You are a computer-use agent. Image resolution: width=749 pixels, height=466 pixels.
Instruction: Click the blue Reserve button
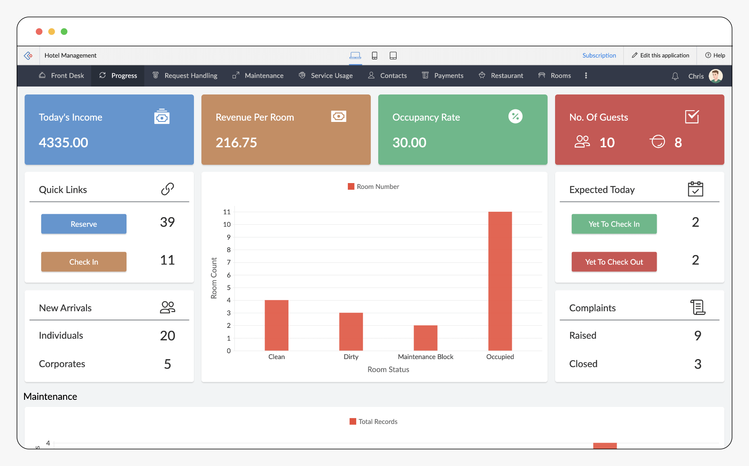coord(84,224)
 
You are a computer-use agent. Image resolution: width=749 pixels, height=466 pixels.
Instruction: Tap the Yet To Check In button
coord(614,224)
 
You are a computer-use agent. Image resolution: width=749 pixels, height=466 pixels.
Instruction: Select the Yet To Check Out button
coord(614,262)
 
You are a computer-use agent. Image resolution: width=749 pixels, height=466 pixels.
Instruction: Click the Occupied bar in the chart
coord(500,281)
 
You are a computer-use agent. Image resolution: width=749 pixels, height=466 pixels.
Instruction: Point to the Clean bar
coord(276,325)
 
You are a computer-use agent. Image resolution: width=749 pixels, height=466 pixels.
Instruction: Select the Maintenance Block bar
coord(425,337)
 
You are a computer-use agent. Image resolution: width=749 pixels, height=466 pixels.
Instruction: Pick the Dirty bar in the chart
coord(351,331)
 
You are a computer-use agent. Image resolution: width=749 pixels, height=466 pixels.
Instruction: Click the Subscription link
coord(599,55)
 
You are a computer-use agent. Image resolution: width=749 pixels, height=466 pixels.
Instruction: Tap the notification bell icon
coord(675,76)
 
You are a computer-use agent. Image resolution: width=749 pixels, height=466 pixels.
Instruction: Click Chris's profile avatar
coord(716,76)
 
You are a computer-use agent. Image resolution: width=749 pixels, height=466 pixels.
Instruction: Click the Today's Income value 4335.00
coord(63,143)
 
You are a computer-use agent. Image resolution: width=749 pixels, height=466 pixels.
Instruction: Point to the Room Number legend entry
coord(373,187)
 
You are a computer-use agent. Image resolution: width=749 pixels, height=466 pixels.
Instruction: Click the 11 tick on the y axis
coord(226,212)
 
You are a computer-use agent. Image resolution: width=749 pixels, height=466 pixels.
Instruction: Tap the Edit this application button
coord(660,55)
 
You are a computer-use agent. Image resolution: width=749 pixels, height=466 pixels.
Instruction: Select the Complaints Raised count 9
coord(697,335)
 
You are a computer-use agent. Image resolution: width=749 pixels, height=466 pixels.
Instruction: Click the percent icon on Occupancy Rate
coord(515,116)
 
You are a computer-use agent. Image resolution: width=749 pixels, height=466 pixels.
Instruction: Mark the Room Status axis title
coord(388,369)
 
